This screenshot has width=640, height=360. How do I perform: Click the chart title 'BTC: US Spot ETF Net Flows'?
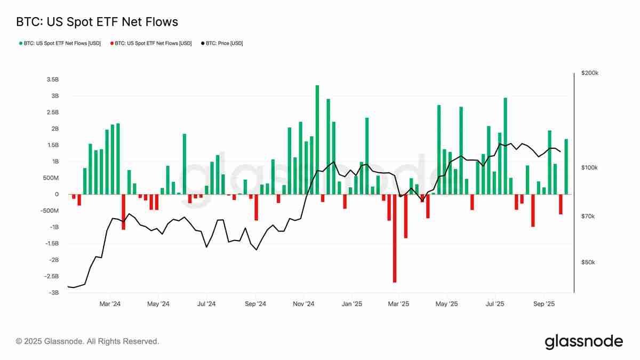coord(97,22)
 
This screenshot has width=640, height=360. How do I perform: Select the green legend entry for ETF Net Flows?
coord(60,43)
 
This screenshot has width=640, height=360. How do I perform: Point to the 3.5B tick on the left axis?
coord(52,79)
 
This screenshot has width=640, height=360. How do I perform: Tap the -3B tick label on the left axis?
coord(53,293)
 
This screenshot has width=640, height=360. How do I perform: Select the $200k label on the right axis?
coord(590,73)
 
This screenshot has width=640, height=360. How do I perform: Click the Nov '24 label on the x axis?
coord(303,304)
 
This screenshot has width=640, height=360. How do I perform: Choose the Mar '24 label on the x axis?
coord(110,304)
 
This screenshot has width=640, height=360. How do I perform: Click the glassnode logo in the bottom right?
coord(583,341)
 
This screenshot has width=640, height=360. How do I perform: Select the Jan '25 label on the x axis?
coord(352,304)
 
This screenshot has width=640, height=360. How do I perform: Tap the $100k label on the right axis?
coord(590,167)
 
